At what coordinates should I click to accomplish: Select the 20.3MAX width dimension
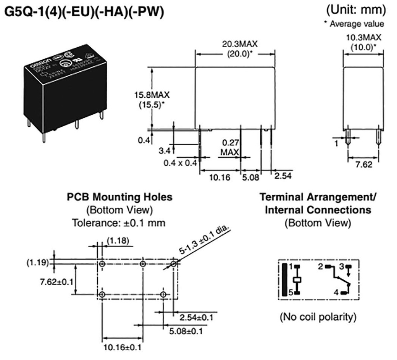pyautogui.click(x=235, y=44)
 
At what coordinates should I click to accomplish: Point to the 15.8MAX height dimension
pyautogui.click(x=152, y=95)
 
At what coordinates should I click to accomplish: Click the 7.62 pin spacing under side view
pyautogui.click(x=364, y=165)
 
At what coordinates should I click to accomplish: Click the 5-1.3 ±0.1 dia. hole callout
pyautogui.click(x=204, y=240)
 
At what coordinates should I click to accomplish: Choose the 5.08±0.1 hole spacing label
pyautogui.click(x=185, y=332)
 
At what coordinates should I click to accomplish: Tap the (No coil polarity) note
pyautogui.click(x=318, y=317)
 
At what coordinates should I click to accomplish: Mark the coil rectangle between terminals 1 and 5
pyautogui.click(x=297, y=279)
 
